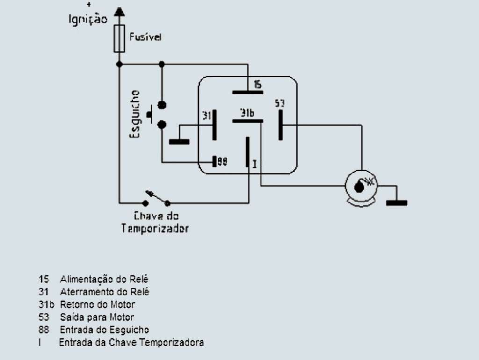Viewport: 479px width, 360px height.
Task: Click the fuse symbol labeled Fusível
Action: tap(119, 39)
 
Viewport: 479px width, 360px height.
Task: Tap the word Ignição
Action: tap(87, 19)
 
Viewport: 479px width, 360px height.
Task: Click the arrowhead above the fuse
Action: tap(119, 12)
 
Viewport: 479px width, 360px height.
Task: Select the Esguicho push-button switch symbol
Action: tap(156, 115)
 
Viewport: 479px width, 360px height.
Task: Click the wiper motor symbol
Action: tap(362, 187)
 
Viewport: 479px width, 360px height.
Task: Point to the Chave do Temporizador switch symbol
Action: tap(156, 199)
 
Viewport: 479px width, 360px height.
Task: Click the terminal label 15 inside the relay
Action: tap(258, 85)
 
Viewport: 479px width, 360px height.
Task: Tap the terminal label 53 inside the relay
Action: tap(280, 103)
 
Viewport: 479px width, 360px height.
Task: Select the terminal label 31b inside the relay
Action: tap(247, 113)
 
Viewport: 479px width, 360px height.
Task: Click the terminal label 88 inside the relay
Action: tap(222, 161)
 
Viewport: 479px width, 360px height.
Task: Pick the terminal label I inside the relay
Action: tap(254, 164)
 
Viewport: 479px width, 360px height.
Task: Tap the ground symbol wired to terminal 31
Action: tap(179, 142)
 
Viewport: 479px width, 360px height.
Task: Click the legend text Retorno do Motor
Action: tap(97, 304)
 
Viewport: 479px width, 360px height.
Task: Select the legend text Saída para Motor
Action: tap(97, 317)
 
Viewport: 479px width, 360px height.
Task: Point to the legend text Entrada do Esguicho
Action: tap(104, 330)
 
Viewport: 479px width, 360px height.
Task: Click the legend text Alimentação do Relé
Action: tap(104, 280)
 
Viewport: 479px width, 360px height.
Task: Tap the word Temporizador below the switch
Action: tap(155, 229)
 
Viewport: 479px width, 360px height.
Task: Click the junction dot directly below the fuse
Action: tap(119, 65)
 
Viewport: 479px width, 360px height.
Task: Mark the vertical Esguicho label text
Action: tap(135, 114)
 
